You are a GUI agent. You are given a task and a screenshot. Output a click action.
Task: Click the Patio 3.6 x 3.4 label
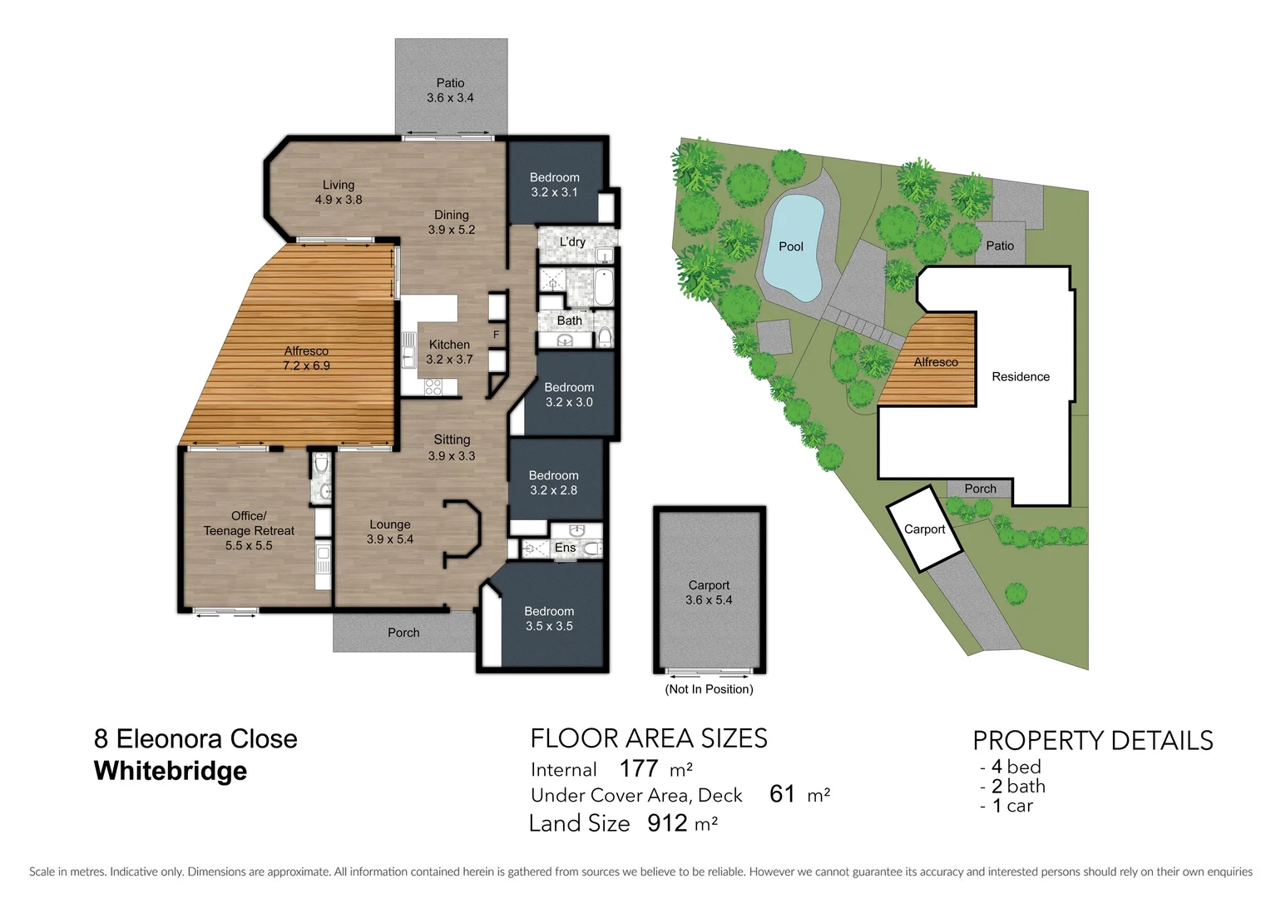(x=450, y=90)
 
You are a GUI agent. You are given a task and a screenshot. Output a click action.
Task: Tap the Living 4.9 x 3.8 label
(x=339, y=192)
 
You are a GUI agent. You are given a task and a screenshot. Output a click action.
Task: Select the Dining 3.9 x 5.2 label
(x=451, y=222)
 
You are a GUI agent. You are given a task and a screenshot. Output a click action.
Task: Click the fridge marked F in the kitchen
(x=497, y=335)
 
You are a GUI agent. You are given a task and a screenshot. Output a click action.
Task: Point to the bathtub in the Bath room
(x=604, y=287)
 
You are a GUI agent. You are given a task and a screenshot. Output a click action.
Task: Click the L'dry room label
(x=572, y=242)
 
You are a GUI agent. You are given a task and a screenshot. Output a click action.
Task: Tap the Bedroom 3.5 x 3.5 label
(x=549, y=618)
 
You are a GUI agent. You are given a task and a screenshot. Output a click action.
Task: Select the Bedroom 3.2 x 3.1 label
(x=554, y=185)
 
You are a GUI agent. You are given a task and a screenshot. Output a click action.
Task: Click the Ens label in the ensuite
(x=565, y=548)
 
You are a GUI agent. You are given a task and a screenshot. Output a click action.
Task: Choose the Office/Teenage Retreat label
(x=249, y=530)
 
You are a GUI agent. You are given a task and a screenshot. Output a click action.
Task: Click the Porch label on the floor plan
(x=403, y=633)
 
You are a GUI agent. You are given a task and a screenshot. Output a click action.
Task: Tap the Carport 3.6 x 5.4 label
(x=709, y=593)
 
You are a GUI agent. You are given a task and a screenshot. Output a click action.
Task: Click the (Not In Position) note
(x=709, y=689)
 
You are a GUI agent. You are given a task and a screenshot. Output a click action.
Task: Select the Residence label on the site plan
(x=1021, y=377)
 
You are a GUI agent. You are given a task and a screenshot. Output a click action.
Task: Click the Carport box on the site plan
(x=924, y=529)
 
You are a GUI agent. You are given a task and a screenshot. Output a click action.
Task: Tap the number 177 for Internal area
(x=639, y=768)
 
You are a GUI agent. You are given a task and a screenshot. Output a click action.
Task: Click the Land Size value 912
(x=667, y=823)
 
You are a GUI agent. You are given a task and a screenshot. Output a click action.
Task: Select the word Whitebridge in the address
(x=171, y=771)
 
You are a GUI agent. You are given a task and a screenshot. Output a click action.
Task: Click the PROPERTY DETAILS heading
(x=1092, y=740)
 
